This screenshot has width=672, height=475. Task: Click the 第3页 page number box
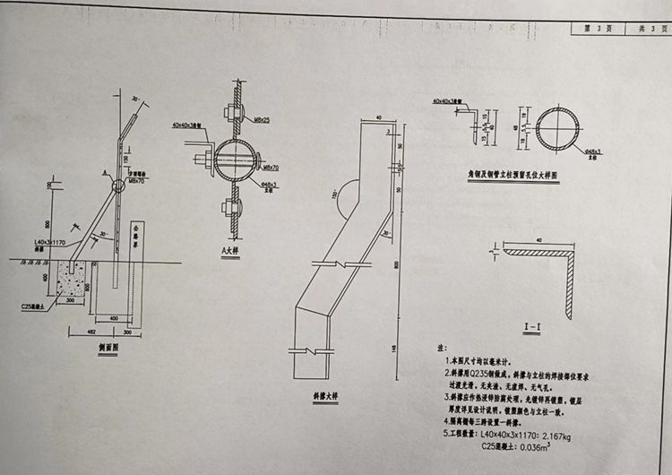[599, 29]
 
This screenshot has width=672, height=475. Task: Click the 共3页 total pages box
[647, 29]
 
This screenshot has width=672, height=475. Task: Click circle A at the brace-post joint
[119, 186]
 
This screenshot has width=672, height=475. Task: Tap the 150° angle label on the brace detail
[332, 194]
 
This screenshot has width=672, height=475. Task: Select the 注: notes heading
[440, 344]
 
